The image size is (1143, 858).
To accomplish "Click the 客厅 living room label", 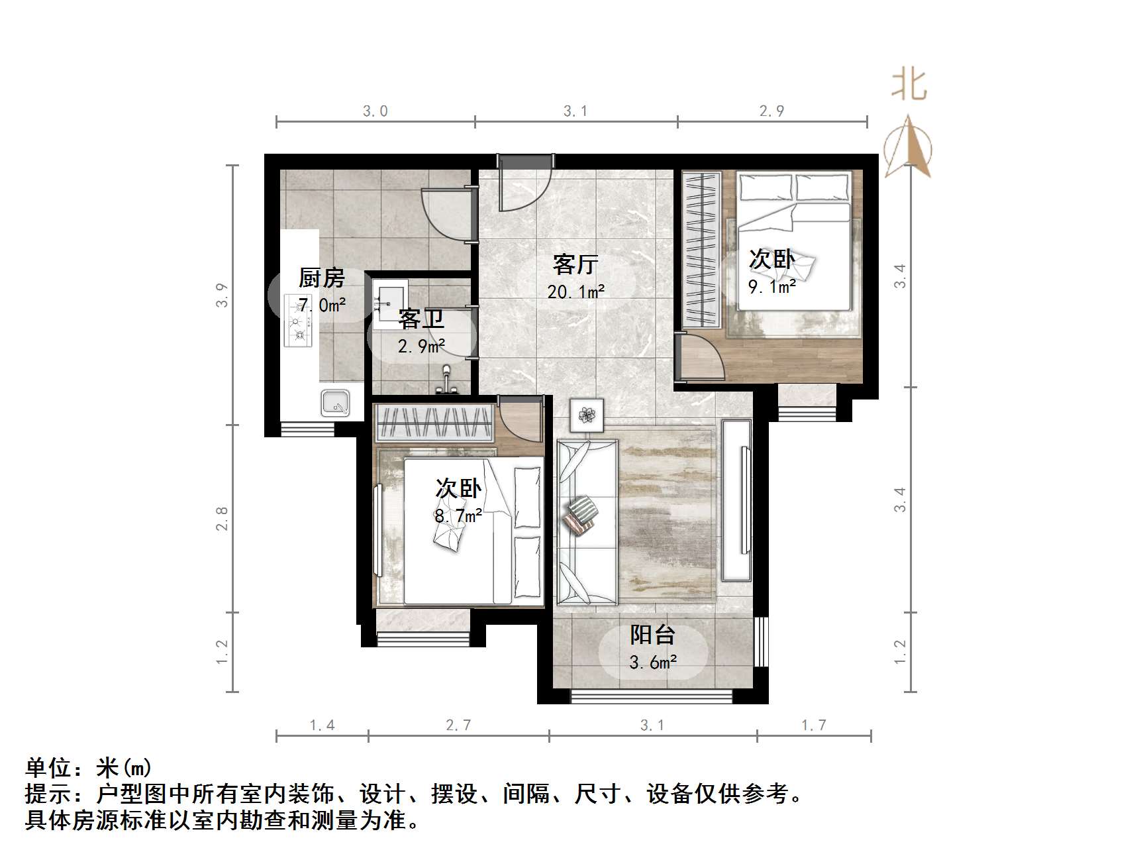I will pyautogui.click(x=575, y=264).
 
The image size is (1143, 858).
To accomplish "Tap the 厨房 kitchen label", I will pyautogui.click(x=321, y=278).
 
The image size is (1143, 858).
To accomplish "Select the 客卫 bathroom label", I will pyautogui.click(x=421, y=319).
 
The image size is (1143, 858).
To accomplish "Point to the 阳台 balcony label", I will pyautogui.click(x=652, y=635).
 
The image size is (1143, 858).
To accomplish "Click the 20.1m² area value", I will pyautogui.click(x=575, y=292).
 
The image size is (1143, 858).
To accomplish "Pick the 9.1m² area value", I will pyautogui.click(x=771, y=287).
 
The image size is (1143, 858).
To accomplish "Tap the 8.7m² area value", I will pyautogui.click(x=458, y=515).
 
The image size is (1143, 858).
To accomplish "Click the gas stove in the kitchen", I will pyautogui.click(x=297, y=321).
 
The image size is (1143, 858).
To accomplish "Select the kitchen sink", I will pyautogui.click(x=335, y=402).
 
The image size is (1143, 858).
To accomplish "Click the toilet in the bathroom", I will pyautogui.click(x=447, y=380).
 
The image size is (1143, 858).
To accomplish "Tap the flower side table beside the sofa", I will pyautogui.click(x=587, y=415).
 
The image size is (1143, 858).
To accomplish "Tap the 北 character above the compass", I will pyautogui.click(x=909, y=86).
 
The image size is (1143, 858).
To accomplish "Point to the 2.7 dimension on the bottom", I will pyautogui.click(x=458, y=725).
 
